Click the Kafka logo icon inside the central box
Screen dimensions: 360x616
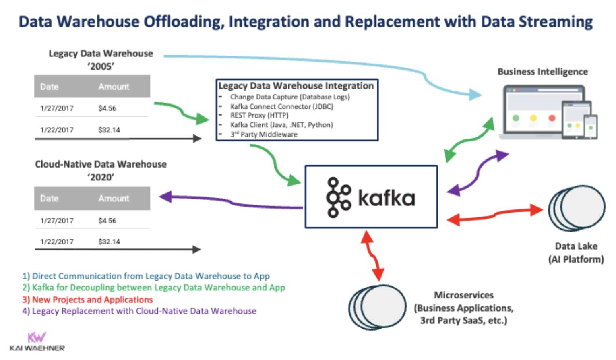tap(338, 197)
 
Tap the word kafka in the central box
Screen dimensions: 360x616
tap(386, 198)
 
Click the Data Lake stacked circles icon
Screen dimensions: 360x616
tap(577, 208)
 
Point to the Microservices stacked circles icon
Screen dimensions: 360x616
tap(377, 307)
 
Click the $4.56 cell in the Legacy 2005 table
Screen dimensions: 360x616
tap(107, 108)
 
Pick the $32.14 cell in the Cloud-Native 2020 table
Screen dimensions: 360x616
tap(109, 242)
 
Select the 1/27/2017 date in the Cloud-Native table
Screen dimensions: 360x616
tap(57, 221)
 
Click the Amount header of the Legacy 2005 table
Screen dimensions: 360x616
tap(114, 87)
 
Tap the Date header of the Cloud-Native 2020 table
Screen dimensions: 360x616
tap(49, 199)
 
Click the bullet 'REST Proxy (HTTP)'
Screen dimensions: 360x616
tap(259, 115)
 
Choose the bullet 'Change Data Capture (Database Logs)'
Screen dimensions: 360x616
tap(290, 97)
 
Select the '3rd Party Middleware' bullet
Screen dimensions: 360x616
tap(264, 134)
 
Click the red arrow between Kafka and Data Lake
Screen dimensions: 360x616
tap(495, 215)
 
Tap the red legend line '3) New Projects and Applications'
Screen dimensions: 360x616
tap(92, 300)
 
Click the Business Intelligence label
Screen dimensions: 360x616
tap(542, 72)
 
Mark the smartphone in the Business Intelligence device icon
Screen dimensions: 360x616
tap(591, 127)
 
